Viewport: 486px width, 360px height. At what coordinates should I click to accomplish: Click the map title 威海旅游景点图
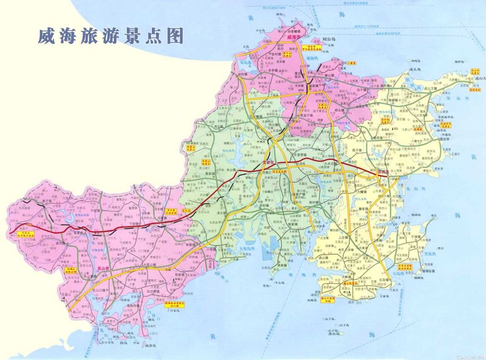pos(110,36)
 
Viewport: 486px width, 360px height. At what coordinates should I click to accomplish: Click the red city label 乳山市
pos(103,268)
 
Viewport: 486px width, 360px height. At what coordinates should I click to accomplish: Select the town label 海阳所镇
pos(134,306)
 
